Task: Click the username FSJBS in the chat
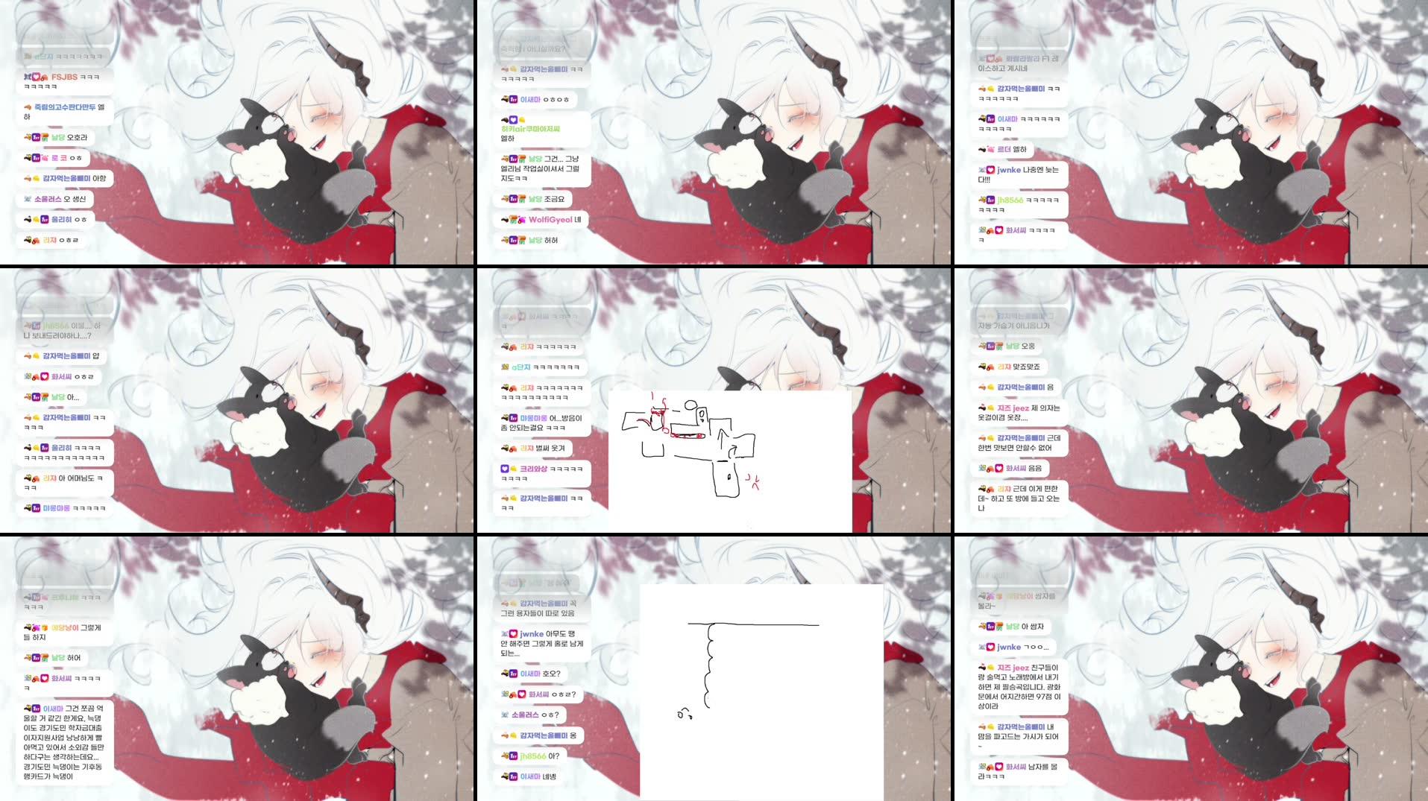[64, 77]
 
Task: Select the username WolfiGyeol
[550, 220]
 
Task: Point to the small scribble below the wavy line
[684, 714]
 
